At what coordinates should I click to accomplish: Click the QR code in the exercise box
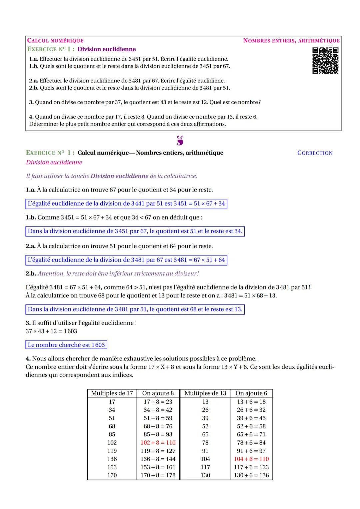325,60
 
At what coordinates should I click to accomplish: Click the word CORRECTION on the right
315,153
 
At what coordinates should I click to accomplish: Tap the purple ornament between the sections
180,140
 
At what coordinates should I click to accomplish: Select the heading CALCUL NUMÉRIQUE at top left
55,41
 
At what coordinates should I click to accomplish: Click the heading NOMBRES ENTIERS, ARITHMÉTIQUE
291,41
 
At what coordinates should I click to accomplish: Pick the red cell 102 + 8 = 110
158,442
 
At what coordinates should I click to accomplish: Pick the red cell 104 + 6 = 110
251,459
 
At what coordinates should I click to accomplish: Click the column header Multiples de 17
112,393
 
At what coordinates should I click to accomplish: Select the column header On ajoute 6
251,393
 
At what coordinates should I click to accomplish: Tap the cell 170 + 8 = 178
158,475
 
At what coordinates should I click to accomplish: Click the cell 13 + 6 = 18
251,401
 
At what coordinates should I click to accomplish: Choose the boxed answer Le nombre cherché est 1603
66,345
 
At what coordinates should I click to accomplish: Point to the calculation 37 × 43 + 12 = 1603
51,331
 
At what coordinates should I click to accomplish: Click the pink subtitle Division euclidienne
54,162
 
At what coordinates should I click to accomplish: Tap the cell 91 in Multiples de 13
205,451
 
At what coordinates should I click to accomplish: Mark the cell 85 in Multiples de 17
112,434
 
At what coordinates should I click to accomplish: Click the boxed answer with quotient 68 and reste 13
135,309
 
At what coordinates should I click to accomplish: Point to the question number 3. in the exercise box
31,102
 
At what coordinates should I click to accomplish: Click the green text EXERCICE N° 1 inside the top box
51,49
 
